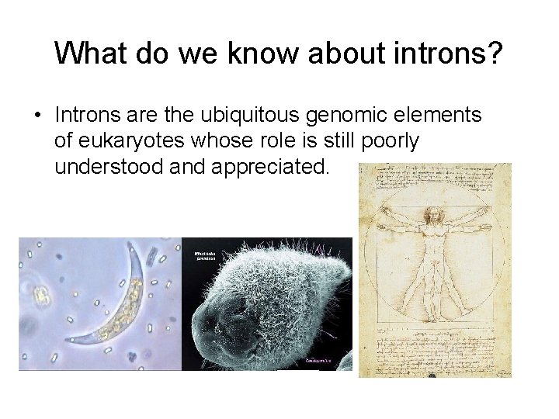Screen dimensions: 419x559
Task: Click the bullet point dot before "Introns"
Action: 37,116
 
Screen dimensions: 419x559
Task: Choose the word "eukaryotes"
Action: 145,141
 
